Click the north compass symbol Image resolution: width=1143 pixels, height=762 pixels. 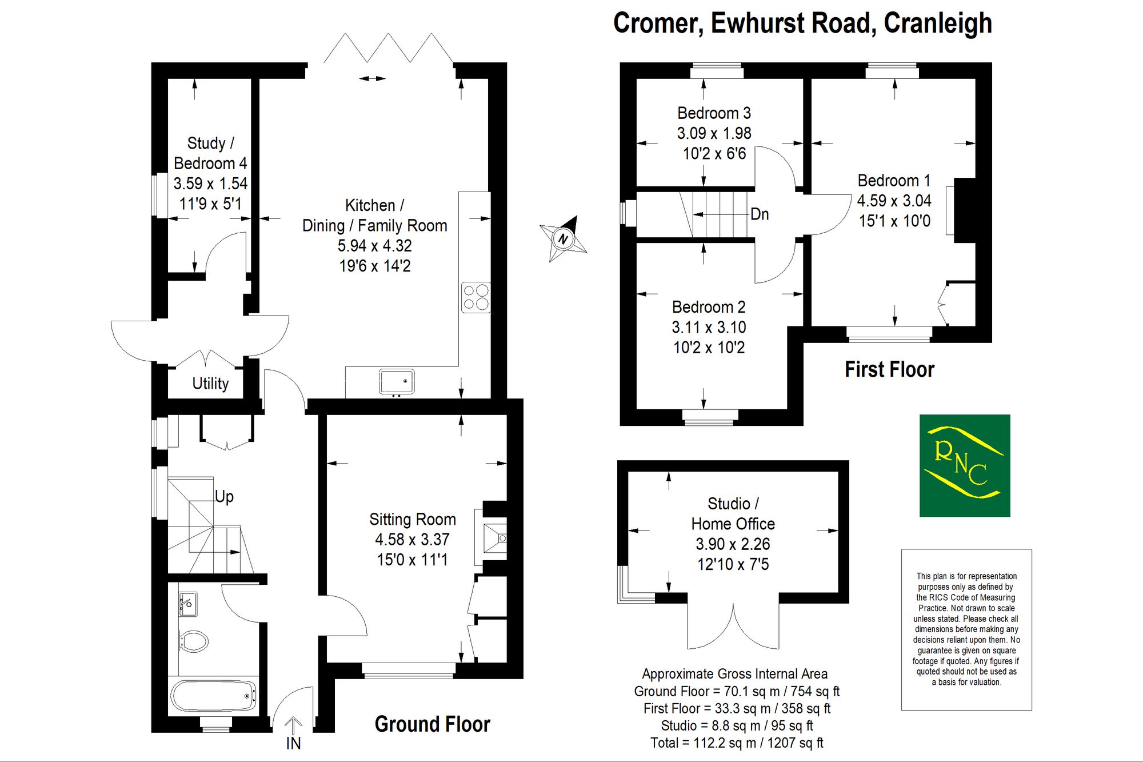click(563, 238)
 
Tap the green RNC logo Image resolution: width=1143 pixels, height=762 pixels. click(965, 465)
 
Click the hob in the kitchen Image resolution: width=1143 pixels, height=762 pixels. click(476, 297)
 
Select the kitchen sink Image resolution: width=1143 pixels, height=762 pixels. click(397, 382)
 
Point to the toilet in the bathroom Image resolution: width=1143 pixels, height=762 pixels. click(193, 641)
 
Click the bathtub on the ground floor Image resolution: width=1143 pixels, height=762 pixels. click(214, 696)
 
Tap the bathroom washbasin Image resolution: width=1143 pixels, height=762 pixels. click(187, 604)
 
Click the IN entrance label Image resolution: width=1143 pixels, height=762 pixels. click(293, 743)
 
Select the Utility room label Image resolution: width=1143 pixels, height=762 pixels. click(210, 384)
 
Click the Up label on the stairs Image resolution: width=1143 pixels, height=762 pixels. click(224, 497)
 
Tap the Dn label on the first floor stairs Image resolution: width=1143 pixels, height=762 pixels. click(760, 214)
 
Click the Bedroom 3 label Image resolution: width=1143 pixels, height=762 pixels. click(714, 113)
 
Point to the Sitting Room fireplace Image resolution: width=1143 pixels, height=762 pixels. click(495, 538)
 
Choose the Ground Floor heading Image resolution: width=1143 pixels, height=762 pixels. click(433, 724)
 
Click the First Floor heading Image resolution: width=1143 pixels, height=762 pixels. click(890, 369)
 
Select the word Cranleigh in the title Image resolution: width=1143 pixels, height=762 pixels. click(938, 23)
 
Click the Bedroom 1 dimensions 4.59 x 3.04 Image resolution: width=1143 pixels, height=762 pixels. click(894, 201)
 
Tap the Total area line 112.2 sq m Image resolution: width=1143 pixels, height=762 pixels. click(737, 743)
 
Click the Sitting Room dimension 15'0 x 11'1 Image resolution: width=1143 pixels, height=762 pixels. click(412, 560)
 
